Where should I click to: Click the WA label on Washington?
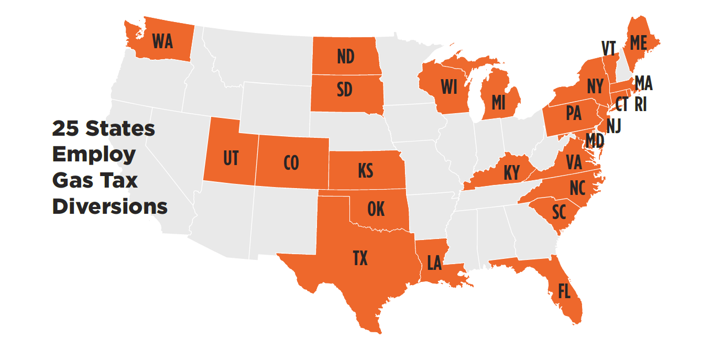162,41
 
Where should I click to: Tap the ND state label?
345,56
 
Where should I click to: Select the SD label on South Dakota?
344,90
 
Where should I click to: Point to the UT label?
231,158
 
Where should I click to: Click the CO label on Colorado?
291,163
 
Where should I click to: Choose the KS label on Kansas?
365,170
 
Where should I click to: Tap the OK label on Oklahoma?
376,209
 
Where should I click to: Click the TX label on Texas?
360,258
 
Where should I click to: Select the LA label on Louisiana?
434,263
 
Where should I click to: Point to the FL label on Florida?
564,291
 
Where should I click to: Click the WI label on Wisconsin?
449,87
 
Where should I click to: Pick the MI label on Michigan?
498,103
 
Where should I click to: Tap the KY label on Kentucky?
511,172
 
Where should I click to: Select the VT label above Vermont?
608,48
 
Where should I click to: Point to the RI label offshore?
640,104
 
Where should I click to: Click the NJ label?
614,126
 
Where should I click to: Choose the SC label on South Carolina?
559,212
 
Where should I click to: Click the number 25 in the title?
65,128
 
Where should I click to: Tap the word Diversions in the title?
109,206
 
